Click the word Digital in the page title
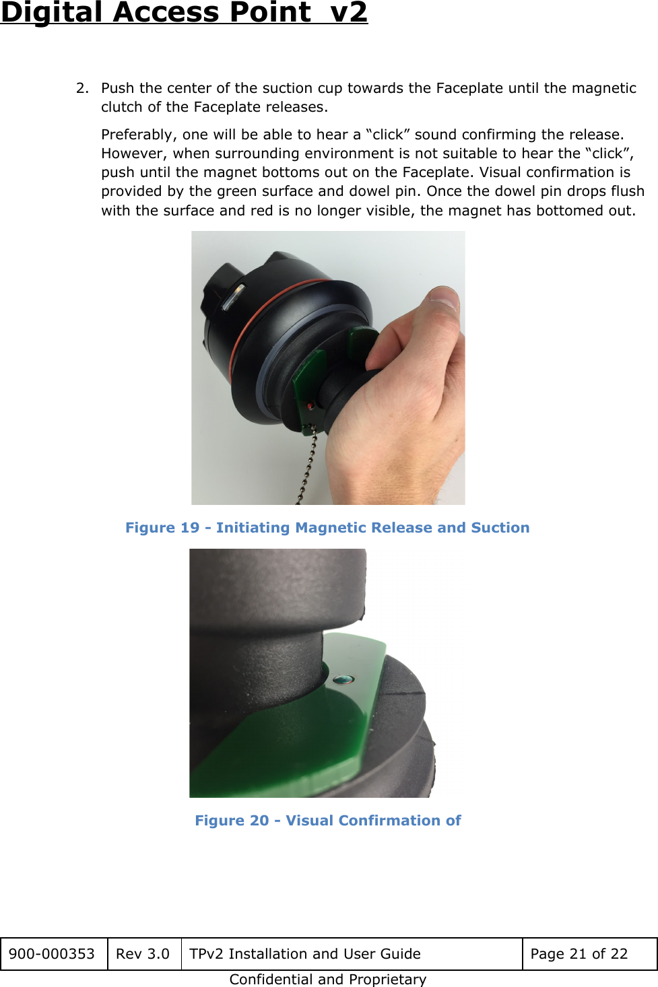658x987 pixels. click(x=53, y=12)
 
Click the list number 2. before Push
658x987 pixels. click(x=82, y=88)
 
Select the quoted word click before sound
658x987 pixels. click(x=388, y=135)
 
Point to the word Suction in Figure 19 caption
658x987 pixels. click(x=500, y=528)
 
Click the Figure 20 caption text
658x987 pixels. click(x=327, y=821)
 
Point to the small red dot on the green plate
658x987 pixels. click(x=309, y=407)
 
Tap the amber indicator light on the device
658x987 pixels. click(x=233, y=296)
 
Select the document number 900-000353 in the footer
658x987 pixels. click(x=52, y=954)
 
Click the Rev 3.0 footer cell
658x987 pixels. click(x=143, y=954)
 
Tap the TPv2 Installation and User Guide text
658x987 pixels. click(x=304, y=954)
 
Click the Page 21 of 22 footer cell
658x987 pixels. click(x=579, y=954)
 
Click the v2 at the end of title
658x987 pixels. click(x=349, y=12)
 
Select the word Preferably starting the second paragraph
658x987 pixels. click(x=139, y=135)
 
